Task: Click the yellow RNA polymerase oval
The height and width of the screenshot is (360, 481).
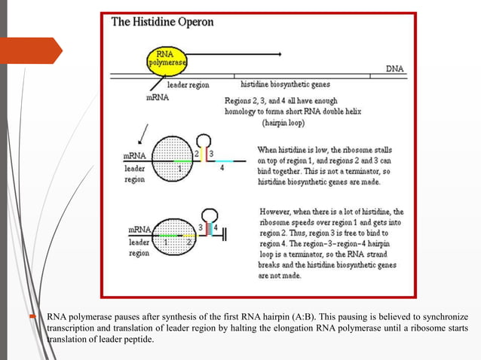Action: (165, 58)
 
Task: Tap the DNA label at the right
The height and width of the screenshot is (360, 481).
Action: (394, 68)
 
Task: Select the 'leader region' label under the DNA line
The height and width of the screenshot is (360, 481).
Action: (188, 85)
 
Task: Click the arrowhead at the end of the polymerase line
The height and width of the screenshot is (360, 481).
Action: (280, 54)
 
